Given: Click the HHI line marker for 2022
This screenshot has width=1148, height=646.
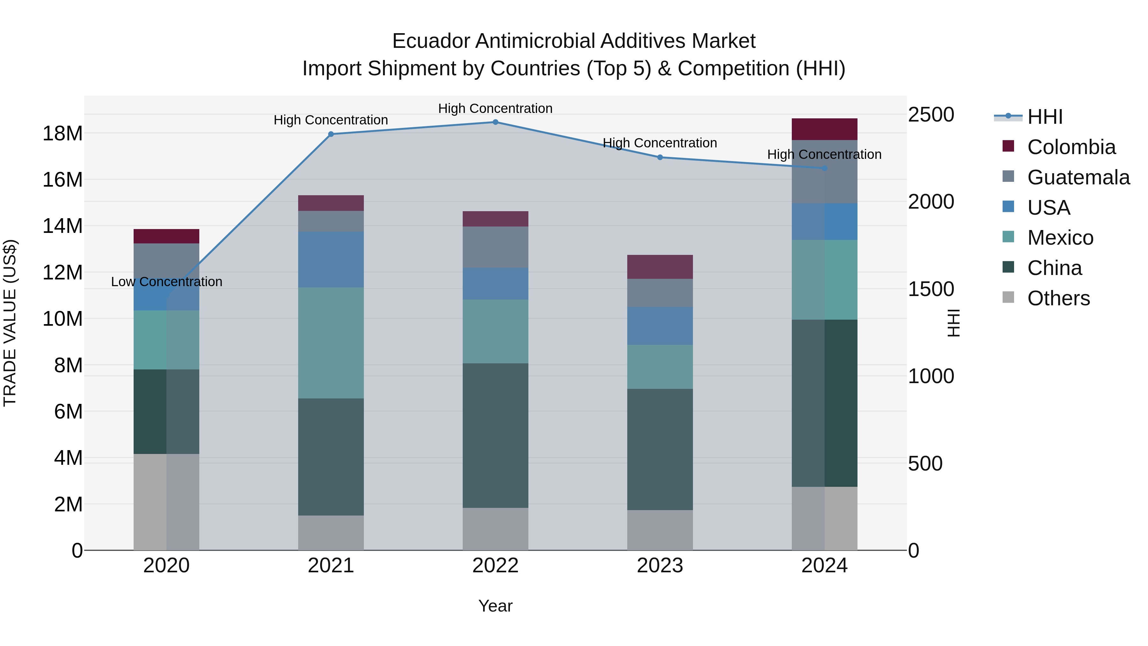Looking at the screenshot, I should tap(495, 122).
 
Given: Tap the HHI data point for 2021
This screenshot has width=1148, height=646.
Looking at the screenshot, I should tap(331, 134).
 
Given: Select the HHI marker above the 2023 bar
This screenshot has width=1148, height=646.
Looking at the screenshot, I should tap(660, 157).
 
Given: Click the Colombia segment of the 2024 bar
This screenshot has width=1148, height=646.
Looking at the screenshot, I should tap(824, 129).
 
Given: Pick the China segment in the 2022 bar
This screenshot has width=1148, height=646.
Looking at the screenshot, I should tap(495, 435).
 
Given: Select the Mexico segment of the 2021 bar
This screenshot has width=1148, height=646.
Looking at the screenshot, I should tap(331, 343).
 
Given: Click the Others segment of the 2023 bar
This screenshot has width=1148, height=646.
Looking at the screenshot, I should tap(660, 530).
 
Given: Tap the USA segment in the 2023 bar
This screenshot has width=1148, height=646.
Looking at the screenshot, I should tap(660, 326).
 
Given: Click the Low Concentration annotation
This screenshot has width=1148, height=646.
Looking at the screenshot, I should tap(166, 282).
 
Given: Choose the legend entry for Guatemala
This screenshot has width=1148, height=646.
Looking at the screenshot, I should tap(1078, 177).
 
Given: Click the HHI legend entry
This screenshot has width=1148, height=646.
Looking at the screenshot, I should tap(1045, 117).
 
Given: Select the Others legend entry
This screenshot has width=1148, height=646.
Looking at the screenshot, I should tap(1058, 298).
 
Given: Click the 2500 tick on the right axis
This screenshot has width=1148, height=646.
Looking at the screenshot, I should tap(931, 115).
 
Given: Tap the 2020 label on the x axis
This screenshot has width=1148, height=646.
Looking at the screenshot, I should tap(166, 566).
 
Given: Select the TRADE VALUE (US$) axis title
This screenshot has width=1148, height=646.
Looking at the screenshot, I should tap(10, 323).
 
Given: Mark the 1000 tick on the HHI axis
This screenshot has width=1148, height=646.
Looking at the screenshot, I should tap(931, 376).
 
